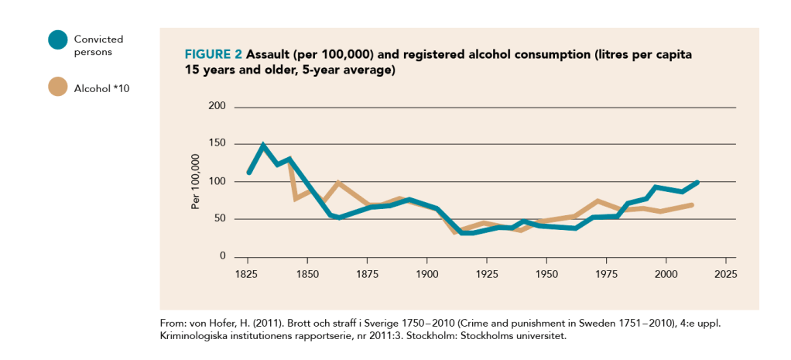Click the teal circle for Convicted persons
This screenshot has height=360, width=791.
point(57,39)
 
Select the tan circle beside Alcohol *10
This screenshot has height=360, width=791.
point(57,87)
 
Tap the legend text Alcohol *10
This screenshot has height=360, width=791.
point(101,88)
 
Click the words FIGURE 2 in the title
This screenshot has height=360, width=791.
point(213,57)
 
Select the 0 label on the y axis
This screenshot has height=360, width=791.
point(222,256)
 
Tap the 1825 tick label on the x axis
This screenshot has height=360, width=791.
point(247,274)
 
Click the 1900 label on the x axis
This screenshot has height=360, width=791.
point(426,274)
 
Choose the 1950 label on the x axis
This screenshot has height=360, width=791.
point(546,274)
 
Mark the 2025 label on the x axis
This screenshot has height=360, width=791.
point(725,274)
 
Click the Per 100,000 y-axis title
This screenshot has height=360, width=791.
point(196,182)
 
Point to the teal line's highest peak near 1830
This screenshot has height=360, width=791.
point(263,145)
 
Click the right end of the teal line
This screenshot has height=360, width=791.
point(697,182)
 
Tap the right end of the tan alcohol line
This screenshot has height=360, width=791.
point(692,204)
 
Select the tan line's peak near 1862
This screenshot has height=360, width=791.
point(337,183)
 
